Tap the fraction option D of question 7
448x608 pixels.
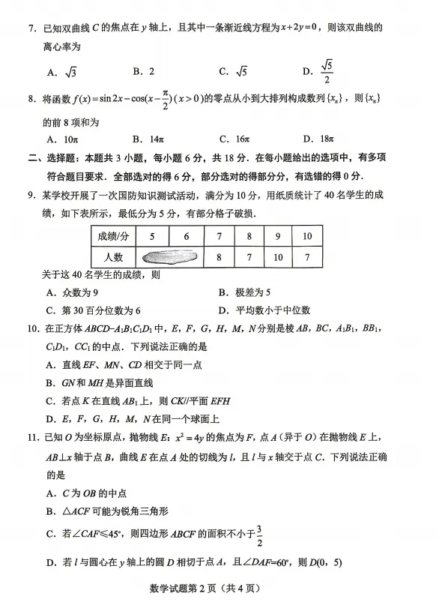coord(321,72)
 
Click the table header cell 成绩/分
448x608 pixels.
coord(113,236)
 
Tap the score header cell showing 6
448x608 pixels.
coord(187,236)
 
